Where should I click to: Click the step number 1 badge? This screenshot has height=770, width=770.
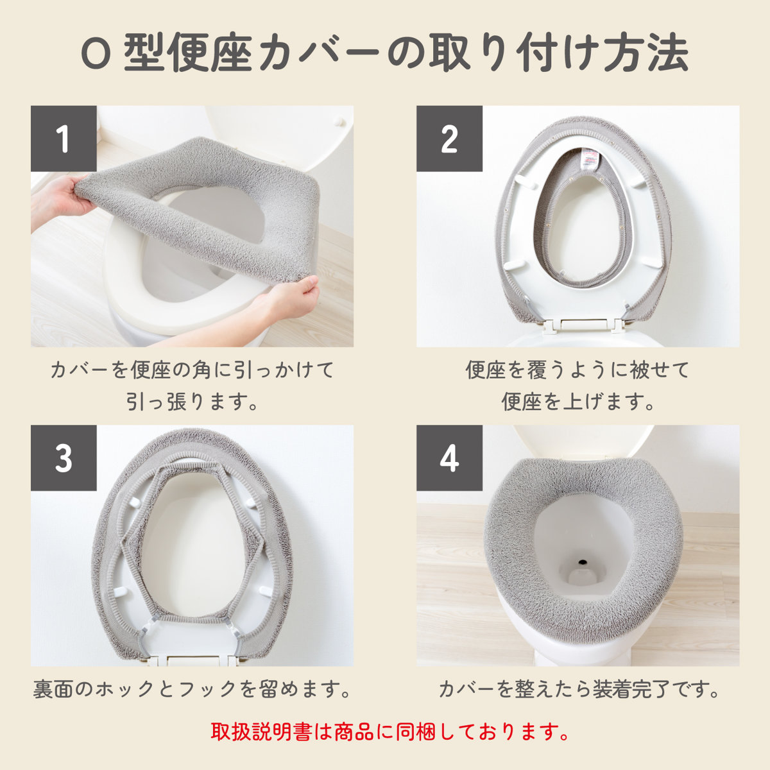tap(64, 139)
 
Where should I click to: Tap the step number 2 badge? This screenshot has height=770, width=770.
tap(449, 139)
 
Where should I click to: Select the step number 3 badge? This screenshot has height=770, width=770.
tap(64, 458)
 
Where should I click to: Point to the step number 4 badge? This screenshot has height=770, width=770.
tap(449, 458)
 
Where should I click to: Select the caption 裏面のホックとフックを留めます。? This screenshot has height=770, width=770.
tap(193, 689)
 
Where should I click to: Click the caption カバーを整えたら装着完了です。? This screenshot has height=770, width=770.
tap(578, 689)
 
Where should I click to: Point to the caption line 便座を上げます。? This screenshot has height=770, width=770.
tap(578, 402)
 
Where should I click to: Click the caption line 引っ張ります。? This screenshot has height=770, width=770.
tap(193, 402)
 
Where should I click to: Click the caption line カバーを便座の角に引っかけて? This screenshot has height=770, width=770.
tap(193, 370)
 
